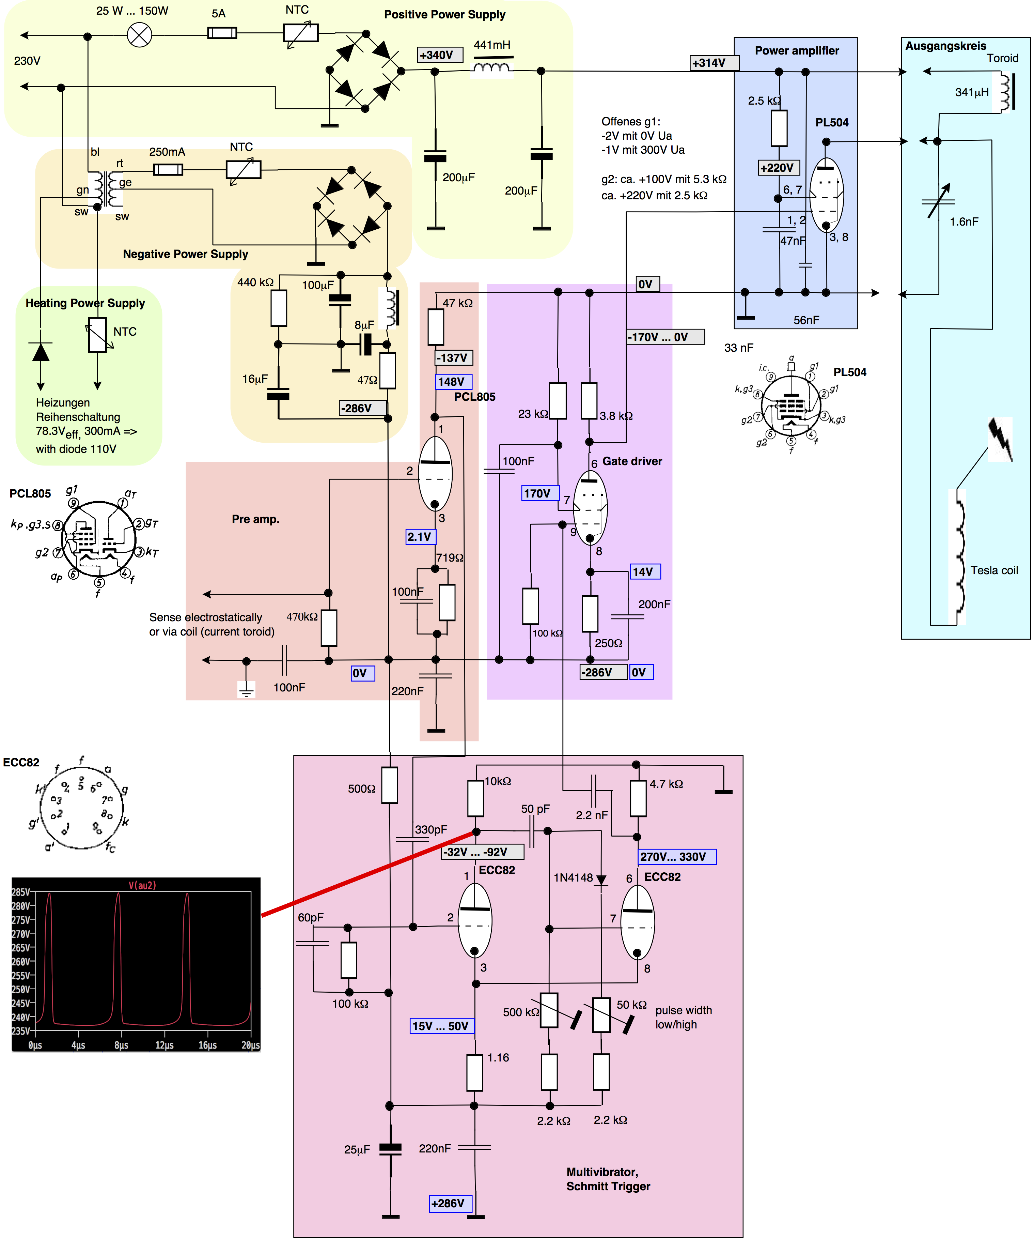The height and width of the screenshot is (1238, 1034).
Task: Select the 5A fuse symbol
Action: [x=222, y=33]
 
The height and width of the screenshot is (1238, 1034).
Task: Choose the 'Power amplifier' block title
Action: [x=797, y=51]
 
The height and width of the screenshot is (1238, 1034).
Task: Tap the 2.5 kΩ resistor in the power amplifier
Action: [x=779, y=127]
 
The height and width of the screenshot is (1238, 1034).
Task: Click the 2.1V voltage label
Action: [x=420, y=536]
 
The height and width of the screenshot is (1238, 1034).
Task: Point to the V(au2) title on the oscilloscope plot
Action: [x=142, y=885]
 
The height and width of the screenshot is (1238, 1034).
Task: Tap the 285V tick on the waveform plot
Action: [x=21, y=892]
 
